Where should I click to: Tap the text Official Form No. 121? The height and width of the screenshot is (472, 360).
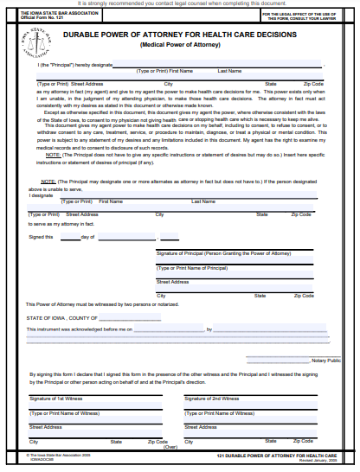pos(41,18)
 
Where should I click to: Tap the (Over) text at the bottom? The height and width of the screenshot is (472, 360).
pos(170,447)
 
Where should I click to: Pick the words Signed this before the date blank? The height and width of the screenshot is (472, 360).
pos(41,236)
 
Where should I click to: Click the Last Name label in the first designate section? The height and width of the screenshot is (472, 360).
pos(229,70)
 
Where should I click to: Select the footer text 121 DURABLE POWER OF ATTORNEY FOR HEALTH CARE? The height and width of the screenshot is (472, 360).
pos(276,454)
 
